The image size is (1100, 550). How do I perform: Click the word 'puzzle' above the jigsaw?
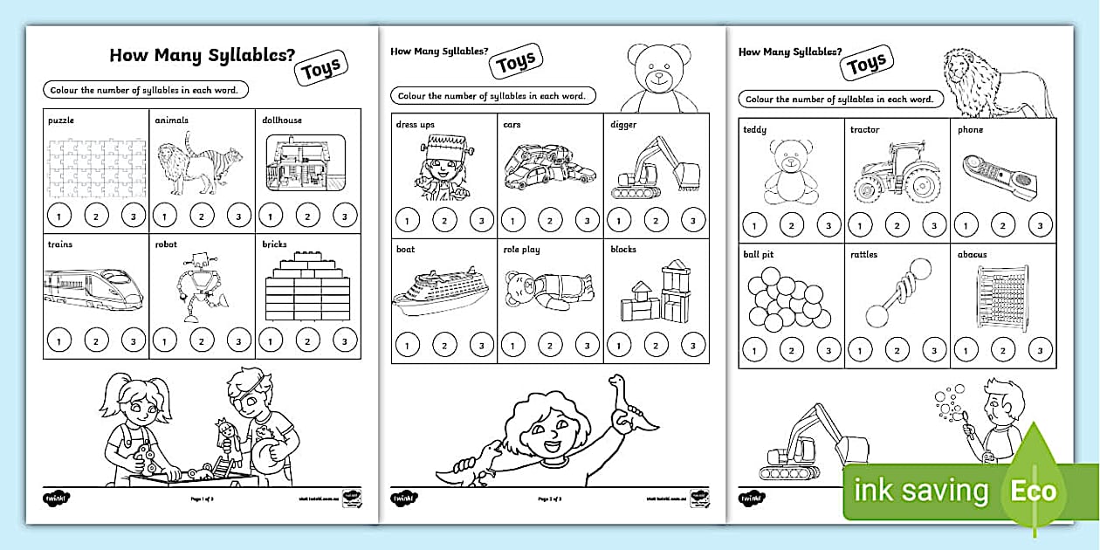[61, 120]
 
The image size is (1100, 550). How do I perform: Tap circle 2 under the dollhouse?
[308, 215]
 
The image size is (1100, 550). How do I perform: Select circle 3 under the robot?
[237, 340]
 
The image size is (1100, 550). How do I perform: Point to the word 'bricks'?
[274, 244]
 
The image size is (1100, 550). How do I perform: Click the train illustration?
[93, 287]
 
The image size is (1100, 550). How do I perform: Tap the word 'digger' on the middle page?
[623, 125]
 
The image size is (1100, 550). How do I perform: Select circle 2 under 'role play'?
[550, 346]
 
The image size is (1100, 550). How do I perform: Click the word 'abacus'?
[972, 255]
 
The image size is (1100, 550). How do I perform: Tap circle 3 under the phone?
[1039, 225]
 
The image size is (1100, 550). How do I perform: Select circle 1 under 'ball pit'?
[755, 351]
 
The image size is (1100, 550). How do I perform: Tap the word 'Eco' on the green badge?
[1034, 492]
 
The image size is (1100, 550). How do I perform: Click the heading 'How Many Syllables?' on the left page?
[201, 56]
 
